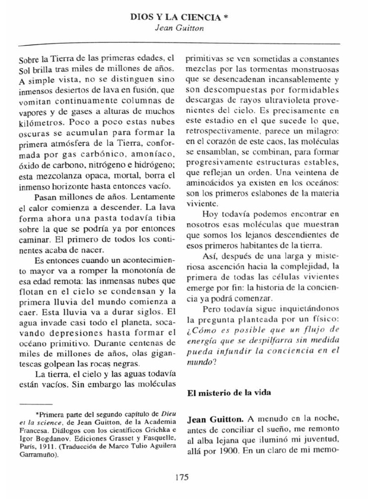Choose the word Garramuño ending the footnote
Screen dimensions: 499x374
(x=37, y=455)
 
